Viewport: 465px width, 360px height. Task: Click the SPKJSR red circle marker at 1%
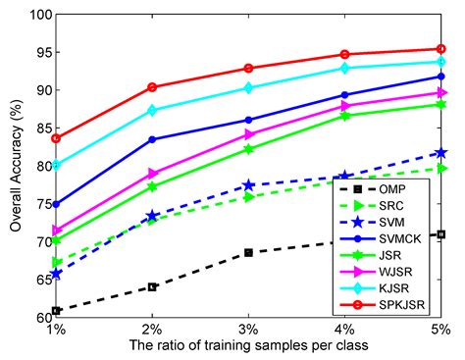click(x=56, y=137)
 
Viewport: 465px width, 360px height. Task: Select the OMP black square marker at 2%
click(x=152, y=286)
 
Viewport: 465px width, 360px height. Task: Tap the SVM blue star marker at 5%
click(x=441, y=152)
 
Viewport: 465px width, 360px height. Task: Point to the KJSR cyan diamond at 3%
click(x=248, y=87)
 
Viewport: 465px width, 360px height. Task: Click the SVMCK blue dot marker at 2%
click(x=152, y=139)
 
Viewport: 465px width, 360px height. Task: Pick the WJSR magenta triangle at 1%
click(x=56, y=231)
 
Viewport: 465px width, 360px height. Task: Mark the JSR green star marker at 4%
click(x=345, y=116)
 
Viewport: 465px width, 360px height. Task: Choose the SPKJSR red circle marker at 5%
click(x=441, y=48)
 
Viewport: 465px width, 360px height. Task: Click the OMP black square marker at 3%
click(x=248, y=252)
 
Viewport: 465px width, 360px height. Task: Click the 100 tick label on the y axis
click(x=36, y=15)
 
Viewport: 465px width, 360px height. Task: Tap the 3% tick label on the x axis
click(x=248, y=328)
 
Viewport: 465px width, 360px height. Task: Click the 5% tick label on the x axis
click(x=440, y=328)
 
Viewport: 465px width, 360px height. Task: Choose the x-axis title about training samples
click(x=248, y=346)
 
